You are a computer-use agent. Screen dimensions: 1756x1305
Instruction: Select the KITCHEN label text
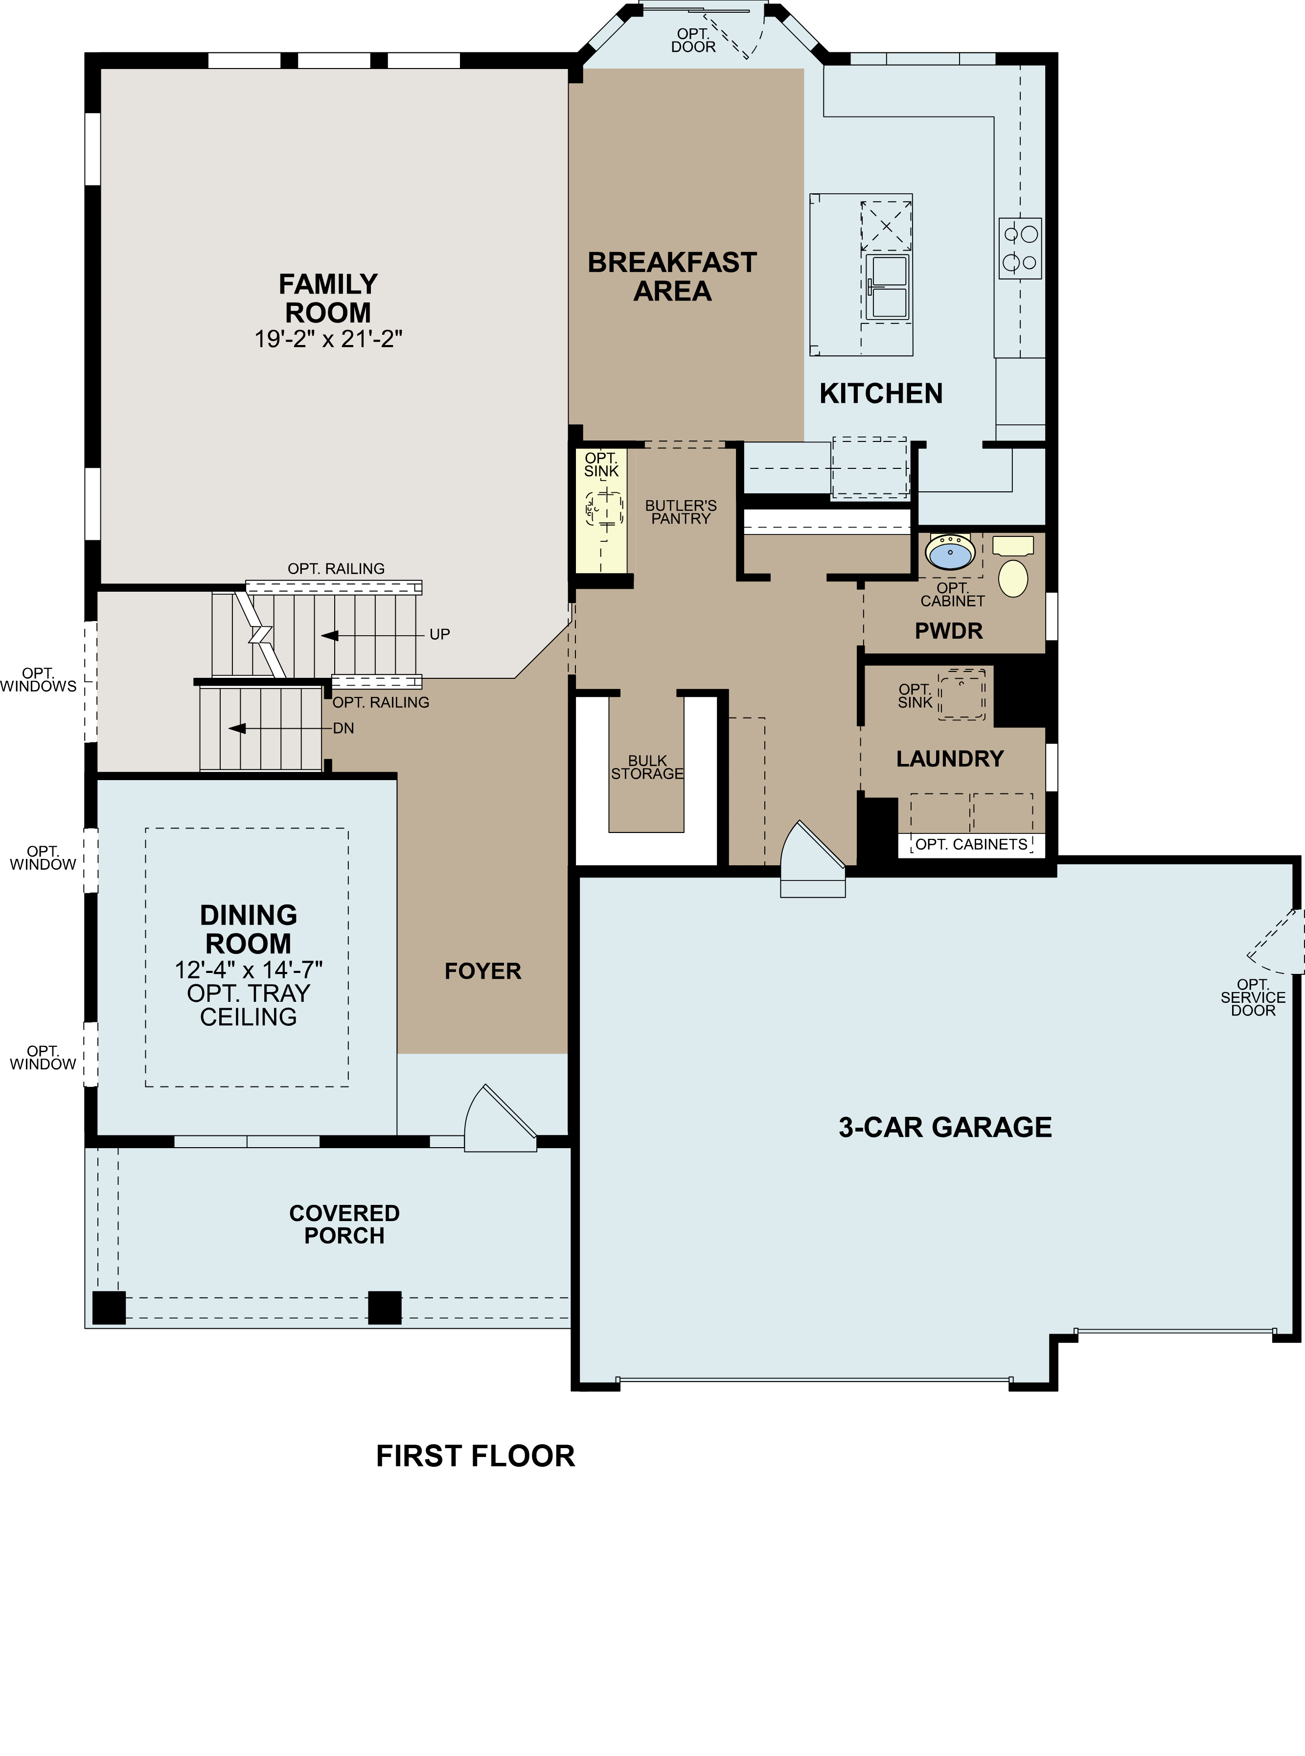click(x=881, y=393)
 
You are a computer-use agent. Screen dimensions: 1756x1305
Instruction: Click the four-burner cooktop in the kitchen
click(x=1020, y=248)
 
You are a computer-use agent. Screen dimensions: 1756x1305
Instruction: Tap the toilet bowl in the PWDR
click(x=1013, y=578)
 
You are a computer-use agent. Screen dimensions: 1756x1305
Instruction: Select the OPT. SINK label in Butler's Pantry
click(x=601, y=464)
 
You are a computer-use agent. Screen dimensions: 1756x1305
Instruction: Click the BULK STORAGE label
click(x=647, y=767)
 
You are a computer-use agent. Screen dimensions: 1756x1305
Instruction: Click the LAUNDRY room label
click(x=950, y=759)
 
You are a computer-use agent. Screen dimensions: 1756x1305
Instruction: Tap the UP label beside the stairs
click(x=439, y=634)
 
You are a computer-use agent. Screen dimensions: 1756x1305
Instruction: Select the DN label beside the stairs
click(x=343, y=728)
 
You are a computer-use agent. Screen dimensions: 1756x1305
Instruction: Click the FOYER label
click(x=482, y=971)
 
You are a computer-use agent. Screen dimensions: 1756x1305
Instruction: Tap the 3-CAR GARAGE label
click(x=945, y=1127)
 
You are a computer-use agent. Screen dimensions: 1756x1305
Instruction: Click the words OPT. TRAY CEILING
click(x=248, y=1005)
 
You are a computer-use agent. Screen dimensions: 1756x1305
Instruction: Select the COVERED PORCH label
click(x=344, y=1225)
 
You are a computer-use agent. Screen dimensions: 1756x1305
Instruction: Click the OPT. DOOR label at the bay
click(x=693, y=40)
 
